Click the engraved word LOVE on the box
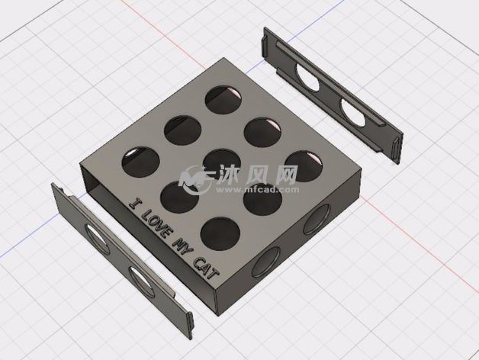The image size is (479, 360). [x=156, y=223]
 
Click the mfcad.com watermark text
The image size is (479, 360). [x=258, y=190]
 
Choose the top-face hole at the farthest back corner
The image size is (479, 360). [x=223, y=100]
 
